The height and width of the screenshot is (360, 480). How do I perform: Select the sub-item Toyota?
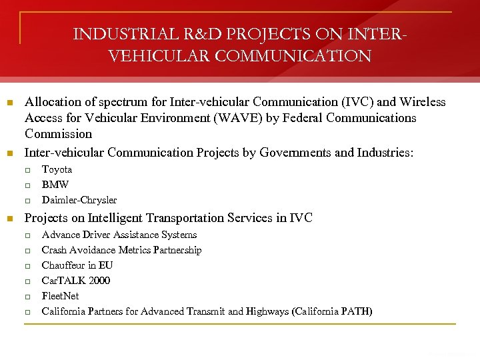click(57, 169)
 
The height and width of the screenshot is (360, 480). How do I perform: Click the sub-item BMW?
click(55, 185)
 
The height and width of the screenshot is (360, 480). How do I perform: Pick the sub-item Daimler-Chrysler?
click(79, 200)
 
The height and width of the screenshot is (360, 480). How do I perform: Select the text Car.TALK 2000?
click(76, 281)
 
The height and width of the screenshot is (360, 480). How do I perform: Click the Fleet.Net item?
click(60, 296)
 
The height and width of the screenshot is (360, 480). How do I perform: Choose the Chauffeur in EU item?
click(77, 265)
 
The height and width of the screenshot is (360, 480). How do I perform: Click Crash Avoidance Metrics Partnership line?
click(121, 250)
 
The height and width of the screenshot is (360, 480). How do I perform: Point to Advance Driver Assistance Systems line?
click(119, 235)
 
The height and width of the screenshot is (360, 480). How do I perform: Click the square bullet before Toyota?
click(28, 170)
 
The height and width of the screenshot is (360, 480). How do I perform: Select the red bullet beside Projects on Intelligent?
click(9, 219)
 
